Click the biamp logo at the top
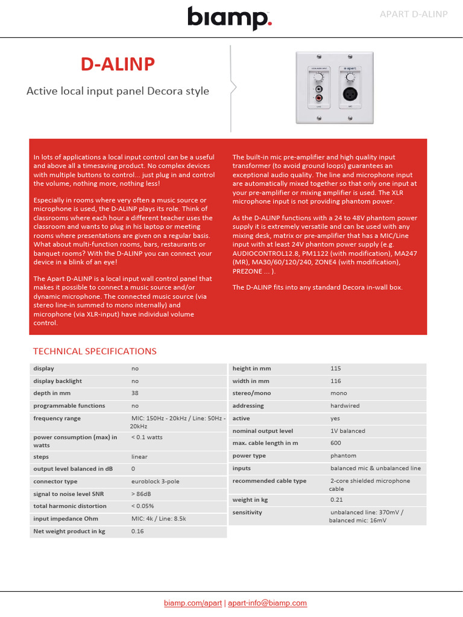(x=230, y=18)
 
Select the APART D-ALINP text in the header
(x=413, y=14)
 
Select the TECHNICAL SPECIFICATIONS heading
(x=95, y=351)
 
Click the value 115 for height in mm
(x=336, y=368)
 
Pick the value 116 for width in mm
(x=336, y=381)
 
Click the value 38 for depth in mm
(x=135, y=393)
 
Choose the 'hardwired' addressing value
(x=345, y=406)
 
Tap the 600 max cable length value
(x=336, y=443)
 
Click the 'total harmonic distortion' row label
(x=69, y=506)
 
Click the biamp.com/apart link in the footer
(x=193, y=603)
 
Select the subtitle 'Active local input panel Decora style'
(x=118, y=91)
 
